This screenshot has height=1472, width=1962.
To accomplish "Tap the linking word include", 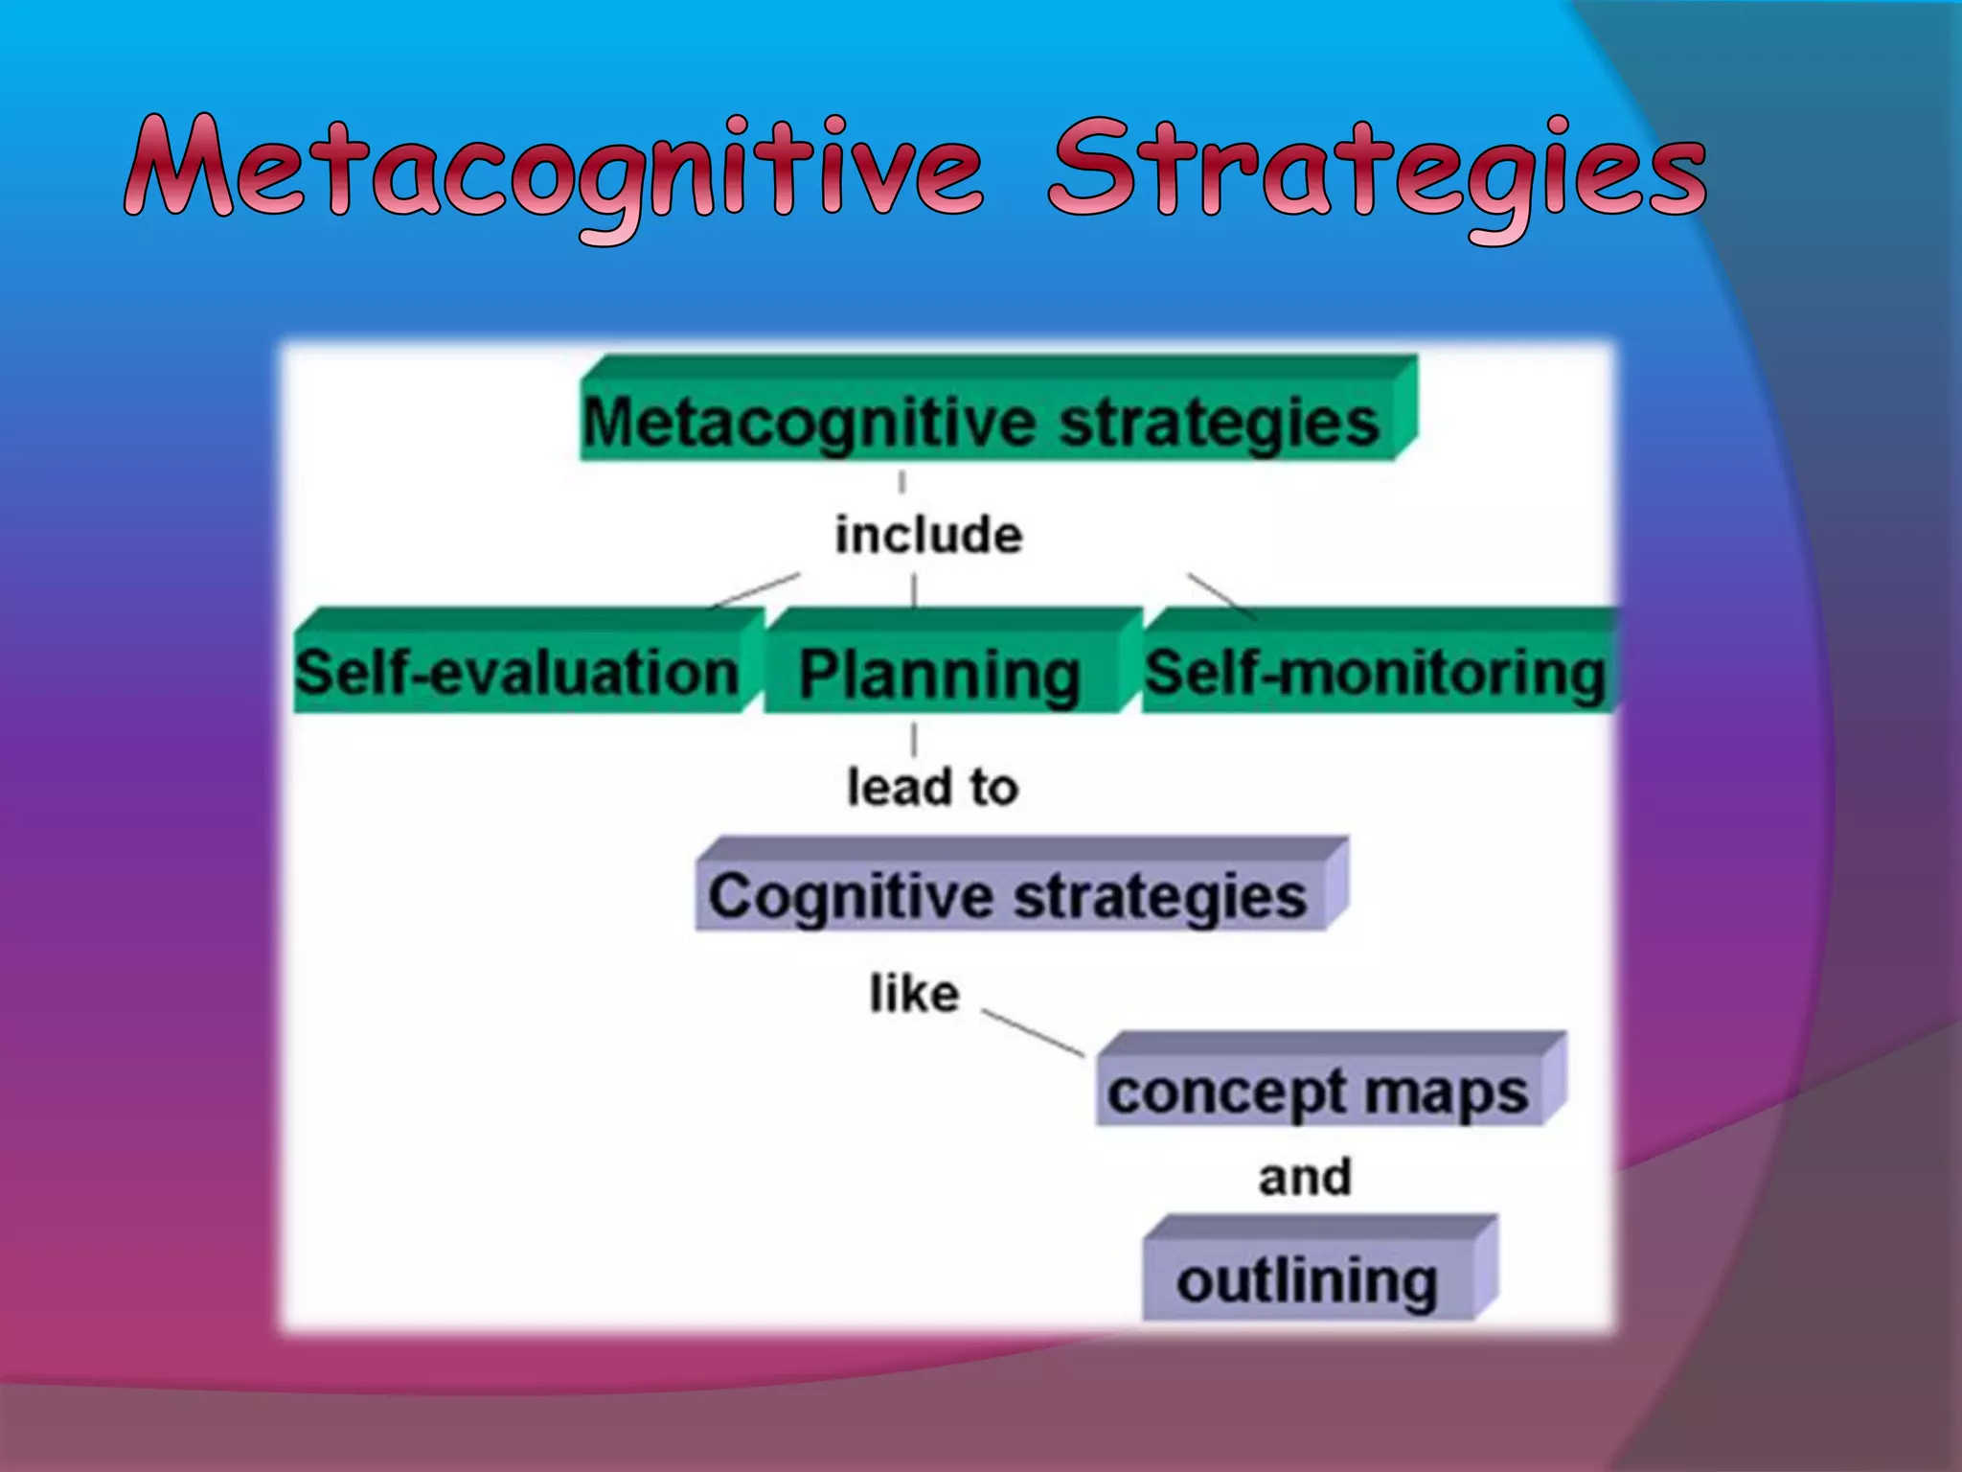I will pyautogui.click(x=927, y=535).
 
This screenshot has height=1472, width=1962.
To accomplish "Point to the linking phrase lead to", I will pyautogui.click(x=932, y=787).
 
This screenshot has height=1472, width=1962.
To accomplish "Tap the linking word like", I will pyautogui.click(x=914, y=994).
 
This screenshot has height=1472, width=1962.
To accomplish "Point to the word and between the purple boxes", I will pyautogui.click(x=1305, y=1177).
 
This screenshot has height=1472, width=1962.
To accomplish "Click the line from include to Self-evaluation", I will pyautogui.click(x=755, y=590).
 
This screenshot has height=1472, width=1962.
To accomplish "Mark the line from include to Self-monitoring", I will pyautogui.click(x=1221, y=596).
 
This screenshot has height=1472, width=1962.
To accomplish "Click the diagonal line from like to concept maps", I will pyautogui.click(x=1033, y=1032).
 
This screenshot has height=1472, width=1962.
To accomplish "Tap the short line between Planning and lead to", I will pyautogui.click(x=914, y=740).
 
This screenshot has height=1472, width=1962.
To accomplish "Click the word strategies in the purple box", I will pyautogui.click(x=1160, y=897).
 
